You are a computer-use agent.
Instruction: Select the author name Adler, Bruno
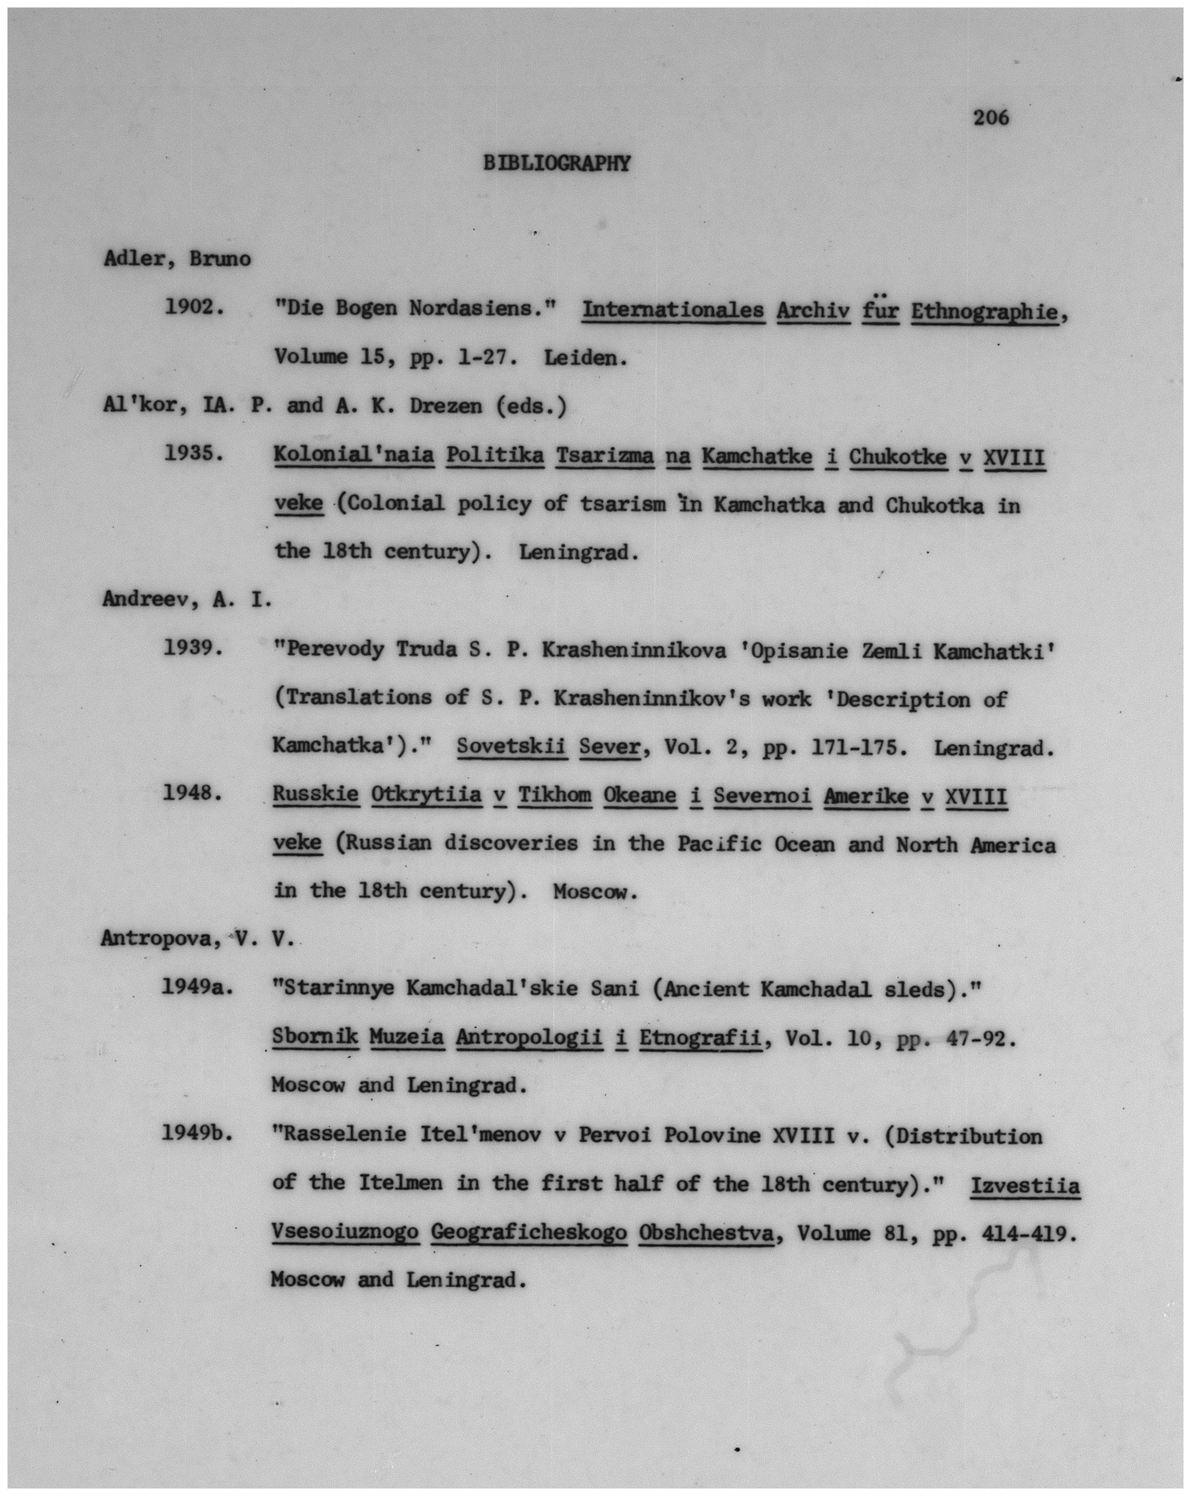[177, 259]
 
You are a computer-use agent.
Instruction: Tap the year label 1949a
[196, 986]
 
